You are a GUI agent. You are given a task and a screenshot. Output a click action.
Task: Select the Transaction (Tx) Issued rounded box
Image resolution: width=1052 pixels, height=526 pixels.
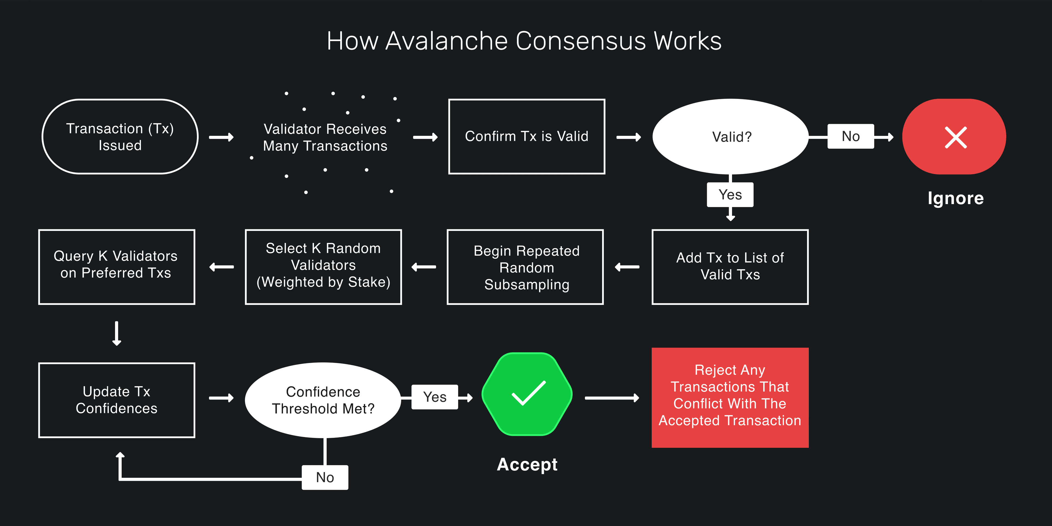click(x=120, y=137)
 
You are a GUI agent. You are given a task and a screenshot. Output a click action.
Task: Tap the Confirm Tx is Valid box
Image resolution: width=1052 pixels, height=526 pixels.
click(x=526, y=137)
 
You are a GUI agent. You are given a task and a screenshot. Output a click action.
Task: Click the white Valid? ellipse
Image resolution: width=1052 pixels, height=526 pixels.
click(x=731, y=137)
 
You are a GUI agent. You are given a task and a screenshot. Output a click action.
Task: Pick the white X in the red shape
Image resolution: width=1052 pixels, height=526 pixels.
click(x=956, y=137)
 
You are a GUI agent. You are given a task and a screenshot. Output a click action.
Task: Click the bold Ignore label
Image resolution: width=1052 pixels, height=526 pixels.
click(x=955, y=198)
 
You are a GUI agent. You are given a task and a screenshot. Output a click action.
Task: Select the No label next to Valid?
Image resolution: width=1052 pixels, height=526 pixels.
click(x=851, y=136)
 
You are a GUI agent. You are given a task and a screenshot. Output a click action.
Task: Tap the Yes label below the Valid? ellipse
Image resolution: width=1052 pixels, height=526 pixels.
click(x=730, y=195)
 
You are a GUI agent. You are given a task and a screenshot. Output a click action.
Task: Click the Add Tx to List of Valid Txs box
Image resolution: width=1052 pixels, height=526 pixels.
click(x=730, y=267)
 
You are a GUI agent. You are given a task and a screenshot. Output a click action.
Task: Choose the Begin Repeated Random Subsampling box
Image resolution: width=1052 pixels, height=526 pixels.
click(x=526, y=267)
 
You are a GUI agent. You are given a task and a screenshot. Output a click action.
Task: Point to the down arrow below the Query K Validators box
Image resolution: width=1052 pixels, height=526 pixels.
click(x=117, y=333)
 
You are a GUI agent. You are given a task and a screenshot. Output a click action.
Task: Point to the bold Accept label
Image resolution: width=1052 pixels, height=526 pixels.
click(x=527, y=465)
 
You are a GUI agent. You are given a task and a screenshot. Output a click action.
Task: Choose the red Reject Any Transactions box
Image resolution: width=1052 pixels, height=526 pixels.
click(x=730, y=397)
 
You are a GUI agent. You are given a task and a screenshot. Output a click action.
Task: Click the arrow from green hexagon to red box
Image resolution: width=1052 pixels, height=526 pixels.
click(x=612, y=398)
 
